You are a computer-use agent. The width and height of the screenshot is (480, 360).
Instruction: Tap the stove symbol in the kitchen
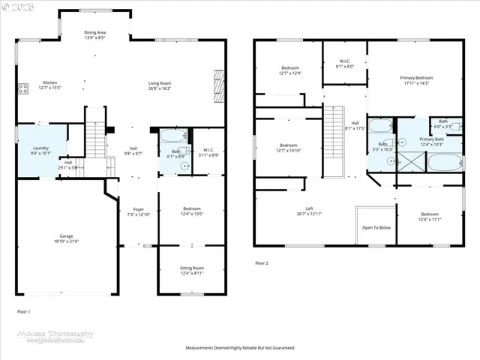(22, 89)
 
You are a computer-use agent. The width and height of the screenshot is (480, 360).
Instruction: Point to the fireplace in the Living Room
(219, 85)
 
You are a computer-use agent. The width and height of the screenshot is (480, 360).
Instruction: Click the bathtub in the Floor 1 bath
(174, 137)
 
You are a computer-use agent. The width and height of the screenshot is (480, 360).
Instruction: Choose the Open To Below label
(376, 227)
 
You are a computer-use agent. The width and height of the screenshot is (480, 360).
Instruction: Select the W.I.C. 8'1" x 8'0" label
(344, 64)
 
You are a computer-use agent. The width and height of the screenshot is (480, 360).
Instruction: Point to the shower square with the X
(410, 161)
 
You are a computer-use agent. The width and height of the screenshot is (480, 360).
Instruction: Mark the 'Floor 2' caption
(262, 263)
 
